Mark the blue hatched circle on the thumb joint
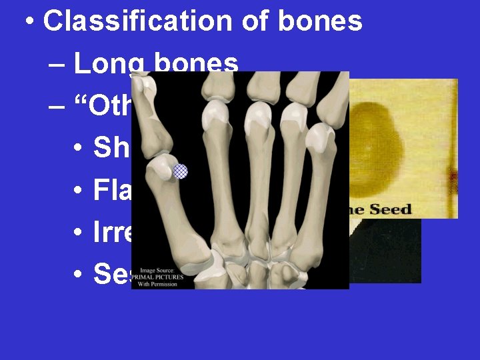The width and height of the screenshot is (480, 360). click(x=180, y=171)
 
